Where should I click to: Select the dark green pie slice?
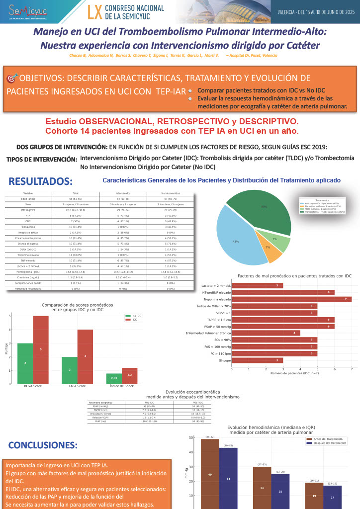[264, 209]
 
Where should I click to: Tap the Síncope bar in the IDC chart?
[258, 360]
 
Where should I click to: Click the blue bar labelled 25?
[280, 490]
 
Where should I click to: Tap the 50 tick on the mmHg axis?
[191, 438]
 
